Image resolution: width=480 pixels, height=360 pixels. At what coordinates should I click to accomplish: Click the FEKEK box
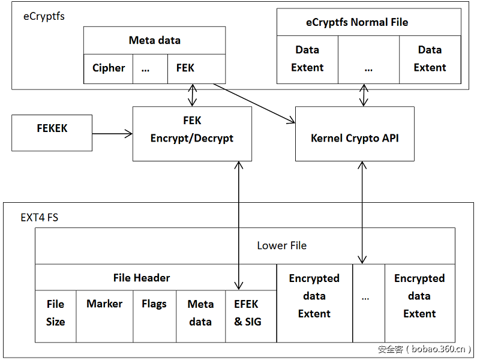coord(52,133)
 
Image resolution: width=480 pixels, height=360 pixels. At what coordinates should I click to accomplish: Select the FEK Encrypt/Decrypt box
coord(192,133)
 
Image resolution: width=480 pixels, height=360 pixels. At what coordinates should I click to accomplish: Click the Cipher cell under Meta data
coord(109,68)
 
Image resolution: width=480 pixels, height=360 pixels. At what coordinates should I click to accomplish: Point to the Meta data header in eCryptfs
coord(154,41)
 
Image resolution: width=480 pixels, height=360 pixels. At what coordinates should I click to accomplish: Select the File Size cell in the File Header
coord(55,313)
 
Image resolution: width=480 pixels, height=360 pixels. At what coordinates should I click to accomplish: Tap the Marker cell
coord(104,313)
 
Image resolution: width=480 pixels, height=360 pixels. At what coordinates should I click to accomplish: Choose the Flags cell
coord(154,313)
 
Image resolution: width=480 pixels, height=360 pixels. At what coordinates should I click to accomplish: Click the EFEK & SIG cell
coord(248,313)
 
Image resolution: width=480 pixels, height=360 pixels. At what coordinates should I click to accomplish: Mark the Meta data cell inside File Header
coord(200,313)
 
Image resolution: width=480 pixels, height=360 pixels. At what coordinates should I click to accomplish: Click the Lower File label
coord(281,245)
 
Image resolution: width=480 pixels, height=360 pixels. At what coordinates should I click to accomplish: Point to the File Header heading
coord(142,278)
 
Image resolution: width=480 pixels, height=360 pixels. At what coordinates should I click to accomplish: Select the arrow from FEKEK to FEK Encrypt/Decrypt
coord(112,133)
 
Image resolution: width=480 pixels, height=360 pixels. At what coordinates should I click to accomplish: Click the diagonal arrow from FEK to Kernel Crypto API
coord(254,103)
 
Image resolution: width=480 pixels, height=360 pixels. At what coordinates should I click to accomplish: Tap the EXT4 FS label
coord(40,217)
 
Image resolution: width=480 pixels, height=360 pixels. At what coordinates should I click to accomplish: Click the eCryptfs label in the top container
coord(44,17)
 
